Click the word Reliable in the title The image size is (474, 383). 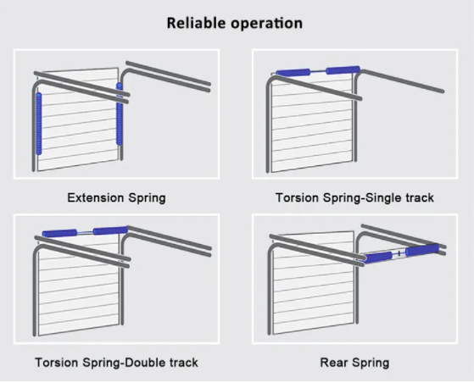(x=196, y=23)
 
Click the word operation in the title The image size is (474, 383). (x=266, y=24)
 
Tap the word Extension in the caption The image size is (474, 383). (x=96, y=197)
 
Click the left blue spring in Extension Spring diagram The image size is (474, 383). (x=39, y=124)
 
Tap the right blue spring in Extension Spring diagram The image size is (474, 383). (x=120, y=114)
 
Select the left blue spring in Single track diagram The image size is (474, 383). (x=293, y=73)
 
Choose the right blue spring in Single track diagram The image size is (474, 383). (x=343, y=70)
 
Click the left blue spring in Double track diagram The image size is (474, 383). (x=59, y=233)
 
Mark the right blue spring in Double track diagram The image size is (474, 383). (x=110, y=230)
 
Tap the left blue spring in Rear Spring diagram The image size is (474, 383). (x=378, y=258)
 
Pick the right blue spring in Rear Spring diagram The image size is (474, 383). (x=422, y=250)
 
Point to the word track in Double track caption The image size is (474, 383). (x=184, y=363)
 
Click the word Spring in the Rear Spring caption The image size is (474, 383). (x=371, y=363)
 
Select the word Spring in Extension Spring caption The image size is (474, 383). (x=148, y=198)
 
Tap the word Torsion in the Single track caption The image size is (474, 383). (x=297, y=197)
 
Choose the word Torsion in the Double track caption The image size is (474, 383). (x=57, y=363)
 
